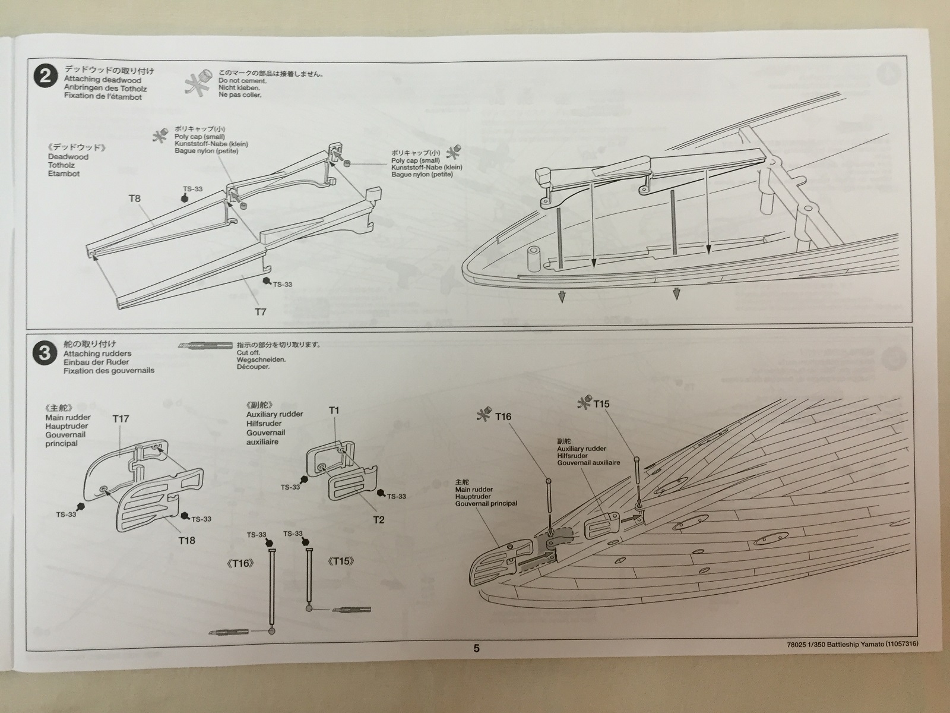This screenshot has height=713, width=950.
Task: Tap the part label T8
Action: pyautogui.click(x=135, y=198)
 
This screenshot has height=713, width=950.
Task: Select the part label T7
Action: pyautogui.click(x=261, y=311)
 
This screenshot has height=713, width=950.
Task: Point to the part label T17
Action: pyautogui.click(x=121, y=418)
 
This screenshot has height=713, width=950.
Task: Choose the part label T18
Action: pyautogui.click(x=186, y=540)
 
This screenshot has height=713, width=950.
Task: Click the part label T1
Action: pyautogui.click(x=334, y=410)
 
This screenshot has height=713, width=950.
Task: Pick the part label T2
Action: pyautogui.click(x=379, y=519)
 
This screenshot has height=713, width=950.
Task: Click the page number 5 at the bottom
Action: pyautogui.click(x=476, y=648)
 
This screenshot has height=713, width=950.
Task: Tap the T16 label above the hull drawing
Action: pyautogui.click(x=503, y=417)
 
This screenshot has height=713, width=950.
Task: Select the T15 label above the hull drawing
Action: pyautogui.click(x=601, y=404)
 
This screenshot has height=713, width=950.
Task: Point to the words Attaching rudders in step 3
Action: pyautogui.click(x=97, y=354)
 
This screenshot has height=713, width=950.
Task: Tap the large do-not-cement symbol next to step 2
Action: pyautogui.click(x=197, y=83)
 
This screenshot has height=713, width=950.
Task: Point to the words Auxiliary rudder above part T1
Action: pyautogui.click(x=274, y=414)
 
